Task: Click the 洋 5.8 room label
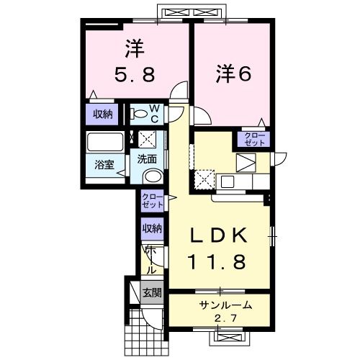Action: pyautogui.click(x=135, y=62)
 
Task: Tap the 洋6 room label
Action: pyautogui.click(x=232, y=74)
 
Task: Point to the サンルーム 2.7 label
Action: pyautogui.click(x=220, y=310)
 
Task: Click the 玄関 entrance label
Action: pyautogui.click(x=151, y=293)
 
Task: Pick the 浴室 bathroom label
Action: pyautogui.click(x=104, y=164)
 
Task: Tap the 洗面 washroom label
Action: pyautogui.click(x=148, y=159)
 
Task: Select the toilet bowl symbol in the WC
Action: pyautogui.click(x=138, y=114)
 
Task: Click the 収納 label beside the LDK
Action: pyautogui.click(x=152, y=229)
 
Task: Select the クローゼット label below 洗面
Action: pyautogui.click(x=151, y=201)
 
